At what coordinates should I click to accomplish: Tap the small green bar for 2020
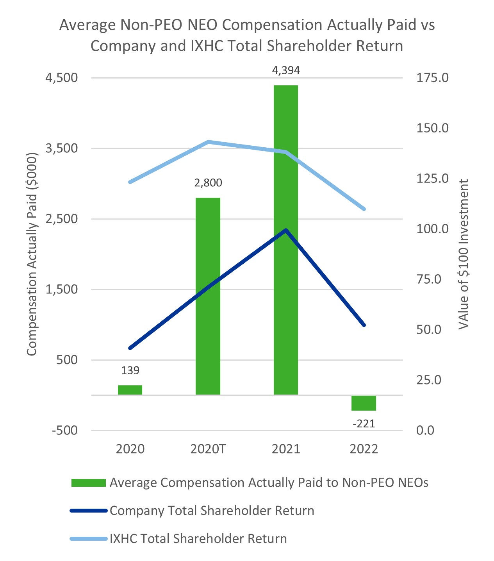point(130,390)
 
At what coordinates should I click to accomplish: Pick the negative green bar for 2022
point(364,403)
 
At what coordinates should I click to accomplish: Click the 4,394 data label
point(286,70)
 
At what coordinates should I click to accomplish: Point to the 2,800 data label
point(208,182)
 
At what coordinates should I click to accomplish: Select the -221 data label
point(364,423)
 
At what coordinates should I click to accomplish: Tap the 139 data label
point(130,370)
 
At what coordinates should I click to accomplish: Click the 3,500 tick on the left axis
point(61,148)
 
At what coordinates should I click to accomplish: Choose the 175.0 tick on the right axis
point(432,78)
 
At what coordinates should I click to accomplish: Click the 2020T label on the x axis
point(208,449)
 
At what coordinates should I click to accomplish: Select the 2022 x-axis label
point(364,449)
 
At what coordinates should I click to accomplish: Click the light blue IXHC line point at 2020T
point(208,142)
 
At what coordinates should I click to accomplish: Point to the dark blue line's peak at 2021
point(286,230)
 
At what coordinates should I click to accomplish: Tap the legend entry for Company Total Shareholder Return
point(212,511)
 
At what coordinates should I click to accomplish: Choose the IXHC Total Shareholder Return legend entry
point(198,539)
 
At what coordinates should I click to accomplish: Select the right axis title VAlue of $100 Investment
point(464,254)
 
